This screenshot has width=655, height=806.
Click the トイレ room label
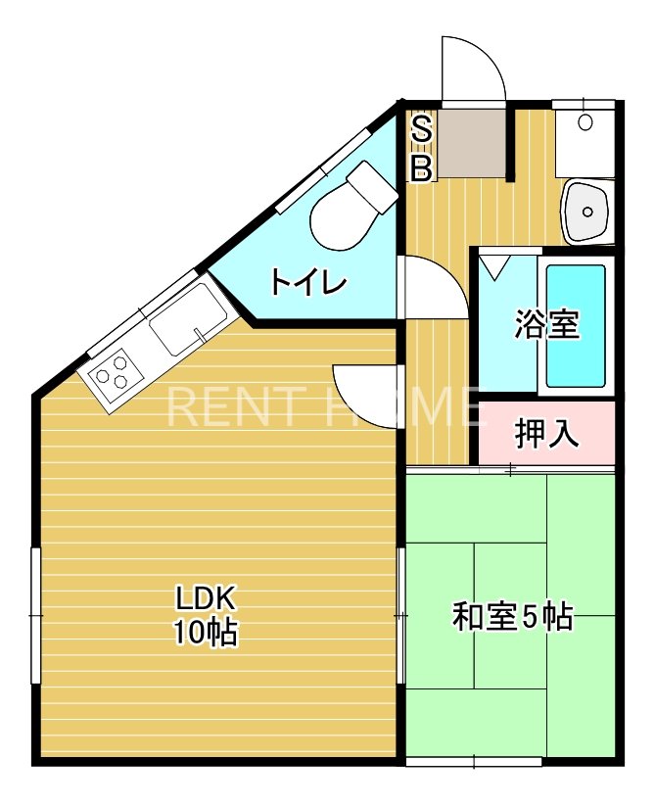pyautogui.click(x=309, y=282)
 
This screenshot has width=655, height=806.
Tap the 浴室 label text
pyautogui.click(x=547, y=324)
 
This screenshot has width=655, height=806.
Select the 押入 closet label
pyautogui.click(x=547, y=434)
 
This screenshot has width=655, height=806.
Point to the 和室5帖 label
pyautogui.click(x=513, y=616)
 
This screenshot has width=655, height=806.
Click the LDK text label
pyautogui.click(x=206, y=597)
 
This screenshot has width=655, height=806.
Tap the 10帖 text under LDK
pyautogui.click(x=206, y=632)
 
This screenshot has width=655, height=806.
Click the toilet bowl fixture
pyautogui.click(x=353, y=205)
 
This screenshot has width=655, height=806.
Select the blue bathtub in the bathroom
pyautogui.click(x=576, y=326)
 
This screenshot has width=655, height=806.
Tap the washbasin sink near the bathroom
pyautogui.click(x=586, y=211)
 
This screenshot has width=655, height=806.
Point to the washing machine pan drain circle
pyautogui.click(x=585, y=122)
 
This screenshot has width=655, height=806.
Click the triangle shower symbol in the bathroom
pyautogui.click(x=494, y=268)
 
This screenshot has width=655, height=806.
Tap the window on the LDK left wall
pyautogui.click(x=36, y=615)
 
